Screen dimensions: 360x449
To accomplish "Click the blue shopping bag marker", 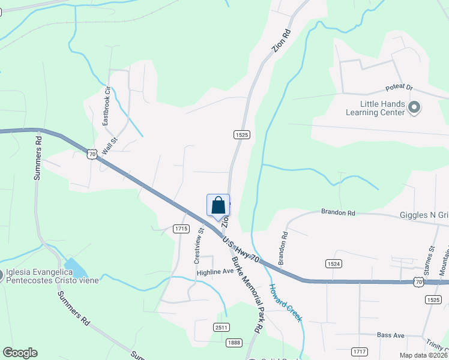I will (218, 205).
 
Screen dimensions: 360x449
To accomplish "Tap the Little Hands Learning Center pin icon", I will (414, 108).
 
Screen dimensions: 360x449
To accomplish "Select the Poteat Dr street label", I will (400, 88).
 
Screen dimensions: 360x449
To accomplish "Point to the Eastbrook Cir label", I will (107, 109).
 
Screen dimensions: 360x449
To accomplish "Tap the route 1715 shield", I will (181, 229).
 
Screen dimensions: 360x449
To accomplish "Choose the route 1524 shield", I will (334, 263).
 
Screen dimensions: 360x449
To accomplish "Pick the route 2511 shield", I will (221, 326).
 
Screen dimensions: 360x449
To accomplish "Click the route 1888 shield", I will (235, 342).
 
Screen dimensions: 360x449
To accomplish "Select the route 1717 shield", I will (360, 351).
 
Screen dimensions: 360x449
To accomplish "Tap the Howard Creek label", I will (285, 303).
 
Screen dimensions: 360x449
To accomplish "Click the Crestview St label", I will (198, 246).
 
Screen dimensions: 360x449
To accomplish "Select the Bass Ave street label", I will (391, 335).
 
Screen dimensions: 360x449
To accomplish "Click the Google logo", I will (20, 353).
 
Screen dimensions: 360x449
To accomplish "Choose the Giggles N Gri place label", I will (424, 215).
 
